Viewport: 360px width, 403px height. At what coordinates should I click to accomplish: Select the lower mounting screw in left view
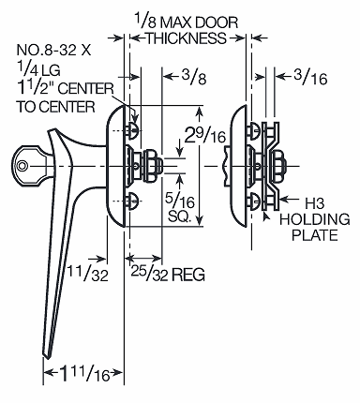134,198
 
